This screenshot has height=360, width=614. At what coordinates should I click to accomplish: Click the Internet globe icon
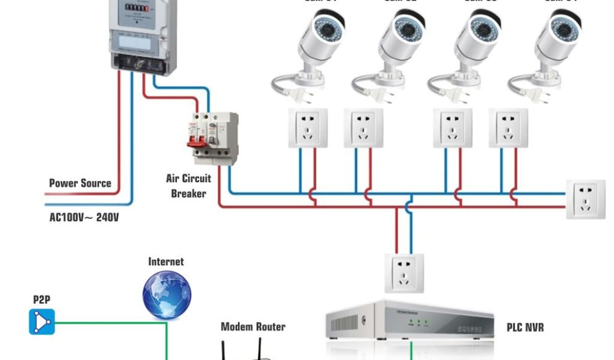point(167,295)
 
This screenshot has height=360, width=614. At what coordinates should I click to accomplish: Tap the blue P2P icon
point(42,322)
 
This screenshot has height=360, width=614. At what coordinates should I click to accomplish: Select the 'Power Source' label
point(80,183)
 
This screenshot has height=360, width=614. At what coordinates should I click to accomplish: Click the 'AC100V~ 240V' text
point(84,217)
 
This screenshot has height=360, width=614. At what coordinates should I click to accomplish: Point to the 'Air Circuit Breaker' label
point(188,186)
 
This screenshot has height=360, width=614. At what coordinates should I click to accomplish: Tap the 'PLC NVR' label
point(525,328)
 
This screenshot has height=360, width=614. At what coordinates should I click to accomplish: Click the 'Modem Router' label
point(253,327)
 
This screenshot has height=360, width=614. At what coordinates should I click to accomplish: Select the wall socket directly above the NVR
point(404,273)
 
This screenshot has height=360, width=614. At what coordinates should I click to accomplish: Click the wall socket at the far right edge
point(585,199)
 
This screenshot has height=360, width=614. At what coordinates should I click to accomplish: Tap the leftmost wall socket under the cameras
point(308,128)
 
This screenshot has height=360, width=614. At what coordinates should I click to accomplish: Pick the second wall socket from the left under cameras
point(363,128)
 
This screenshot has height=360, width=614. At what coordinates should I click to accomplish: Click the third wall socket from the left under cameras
point(453,128)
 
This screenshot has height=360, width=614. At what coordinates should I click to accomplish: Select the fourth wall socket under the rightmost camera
point(508,128)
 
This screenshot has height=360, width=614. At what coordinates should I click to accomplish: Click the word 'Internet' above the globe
point(166,262)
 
